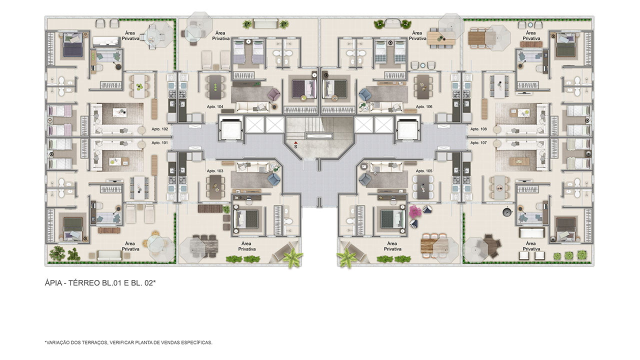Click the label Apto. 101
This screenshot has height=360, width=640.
click(x=159, y=142)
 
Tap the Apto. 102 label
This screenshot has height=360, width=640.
click(x=159, y=129)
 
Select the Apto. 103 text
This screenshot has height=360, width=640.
click(x=215, y=171)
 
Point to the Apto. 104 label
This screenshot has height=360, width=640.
click(x=215, y=106)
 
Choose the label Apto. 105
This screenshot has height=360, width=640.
click(x=424, y=171)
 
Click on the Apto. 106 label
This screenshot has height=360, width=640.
click(x=424, y=106)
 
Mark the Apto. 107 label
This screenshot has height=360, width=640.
click(x=478, y=142)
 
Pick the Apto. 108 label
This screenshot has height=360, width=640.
click(x=478, y=129)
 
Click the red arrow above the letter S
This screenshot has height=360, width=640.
click(x=295, y=142)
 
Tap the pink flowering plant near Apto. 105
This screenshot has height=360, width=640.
click(x=415, y=211)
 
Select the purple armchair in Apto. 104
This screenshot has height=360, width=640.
click(x=273, y=94)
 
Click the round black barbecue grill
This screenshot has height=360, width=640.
click(x=507, y=212)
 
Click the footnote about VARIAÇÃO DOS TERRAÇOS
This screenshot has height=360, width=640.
click(x=128, y=342)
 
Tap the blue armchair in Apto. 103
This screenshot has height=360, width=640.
click(x=274, y=179)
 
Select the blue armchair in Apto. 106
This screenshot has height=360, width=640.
click(x=365, y=94)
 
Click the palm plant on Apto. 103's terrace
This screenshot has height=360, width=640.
click(x=292, y=257)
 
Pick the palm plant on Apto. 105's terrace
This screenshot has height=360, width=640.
click(x=346, y=257)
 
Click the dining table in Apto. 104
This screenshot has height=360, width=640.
click(x=215, y=87)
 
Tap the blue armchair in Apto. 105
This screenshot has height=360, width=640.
click(x=365, y=179)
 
